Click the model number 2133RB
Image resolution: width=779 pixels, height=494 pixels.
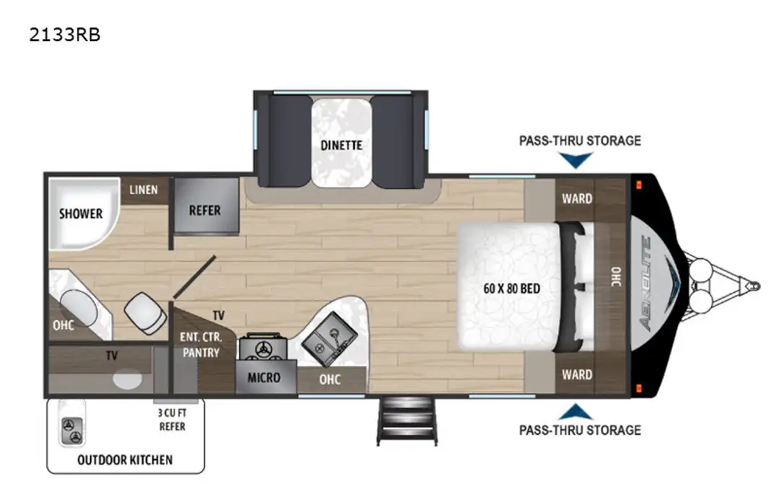65,35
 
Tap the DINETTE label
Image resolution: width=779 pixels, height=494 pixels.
341,146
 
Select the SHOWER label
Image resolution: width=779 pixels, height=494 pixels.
81,214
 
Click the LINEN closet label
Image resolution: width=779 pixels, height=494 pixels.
144,190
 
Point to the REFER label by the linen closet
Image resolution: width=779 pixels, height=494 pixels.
205,211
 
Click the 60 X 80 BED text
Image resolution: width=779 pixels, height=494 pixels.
511,288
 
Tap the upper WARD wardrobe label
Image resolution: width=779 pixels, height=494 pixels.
577,199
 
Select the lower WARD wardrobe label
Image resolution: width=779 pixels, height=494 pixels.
577,374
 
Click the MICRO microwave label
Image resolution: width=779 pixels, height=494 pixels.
264,378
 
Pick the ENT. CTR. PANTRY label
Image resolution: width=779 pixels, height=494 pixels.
201,345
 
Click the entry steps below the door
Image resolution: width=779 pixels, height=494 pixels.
408,421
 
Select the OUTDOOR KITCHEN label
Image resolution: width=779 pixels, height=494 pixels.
125,460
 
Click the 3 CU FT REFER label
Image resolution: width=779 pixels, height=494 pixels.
172,420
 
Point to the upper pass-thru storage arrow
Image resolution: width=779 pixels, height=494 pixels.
576,160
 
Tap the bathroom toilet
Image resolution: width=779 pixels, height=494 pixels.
146,314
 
